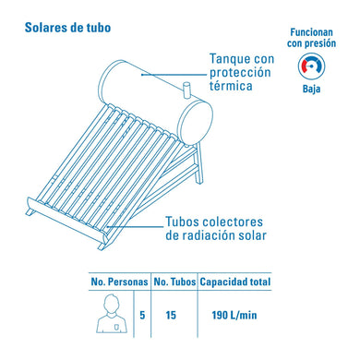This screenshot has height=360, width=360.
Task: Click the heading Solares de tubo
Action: point(67,28)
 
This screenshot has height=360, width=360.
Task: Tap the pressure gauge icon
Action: point(311,66)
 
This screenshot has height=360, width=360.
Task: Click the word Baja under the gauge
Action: point(311,89)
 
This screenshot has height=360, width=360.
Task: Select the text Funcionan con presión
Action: point(311,38)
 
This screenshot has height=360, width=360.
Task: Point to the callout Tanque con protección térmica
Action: point(242,73)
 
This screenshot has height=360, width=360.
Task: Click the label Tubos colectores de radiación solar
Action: point(216,229)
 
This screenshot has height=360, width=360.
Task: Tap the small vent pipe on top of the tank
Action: point(186,90)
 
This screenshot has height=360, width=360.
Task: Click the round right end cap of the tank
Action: point(196,123)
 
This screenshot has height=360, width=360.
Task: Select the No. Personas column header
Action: point(119,282)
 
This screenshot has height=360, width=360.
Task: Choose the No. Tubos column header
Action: point(174,282)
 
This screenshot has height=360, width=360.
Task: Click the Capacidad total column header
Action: point(235,282)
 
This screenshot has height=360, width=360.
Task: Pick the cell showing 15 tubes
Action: point(171,315)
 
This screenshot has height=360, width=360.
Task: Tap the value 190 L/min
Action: point(234,315)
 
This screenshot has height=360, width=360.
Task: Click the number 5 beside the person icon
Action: point(142,315)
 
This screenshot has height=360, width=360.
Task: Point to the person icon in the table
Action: point(112,313)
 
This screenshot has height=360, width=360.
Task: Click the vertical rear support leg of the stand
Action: point(200,163)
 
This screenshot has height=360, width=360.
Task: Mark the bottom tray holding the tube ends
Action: point(67,220)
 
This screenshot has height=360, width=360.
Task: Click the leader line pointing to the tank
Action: point(174,75)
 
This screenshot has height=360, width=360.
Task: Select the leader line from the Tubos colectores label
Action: point(135,227)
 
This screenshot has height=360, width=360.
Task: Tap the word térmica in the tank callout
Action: point(231,86)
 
